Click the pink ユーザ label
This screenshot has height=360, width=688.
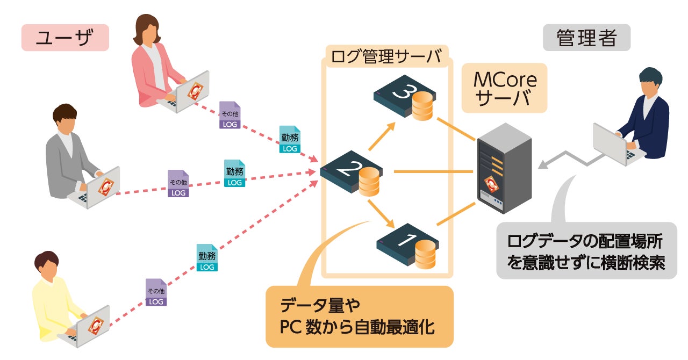click(x=65, y=38)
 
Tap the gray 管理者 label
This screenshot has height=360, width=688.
click(x=586, y=38)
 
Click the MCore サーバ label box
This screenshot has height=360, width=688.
click(x=505, y=89)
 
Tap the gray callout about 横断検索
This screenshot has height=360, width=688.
click(x=586, y=250)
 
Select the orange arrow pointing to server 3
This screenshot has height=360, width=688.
click(x=383, y=137)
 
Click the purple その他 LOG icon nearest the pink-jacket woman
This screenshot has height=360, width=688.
click(x=230, y=116)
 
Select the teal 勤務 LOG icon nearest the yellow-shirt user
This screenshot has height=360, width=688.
click(x=207, y=258)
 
